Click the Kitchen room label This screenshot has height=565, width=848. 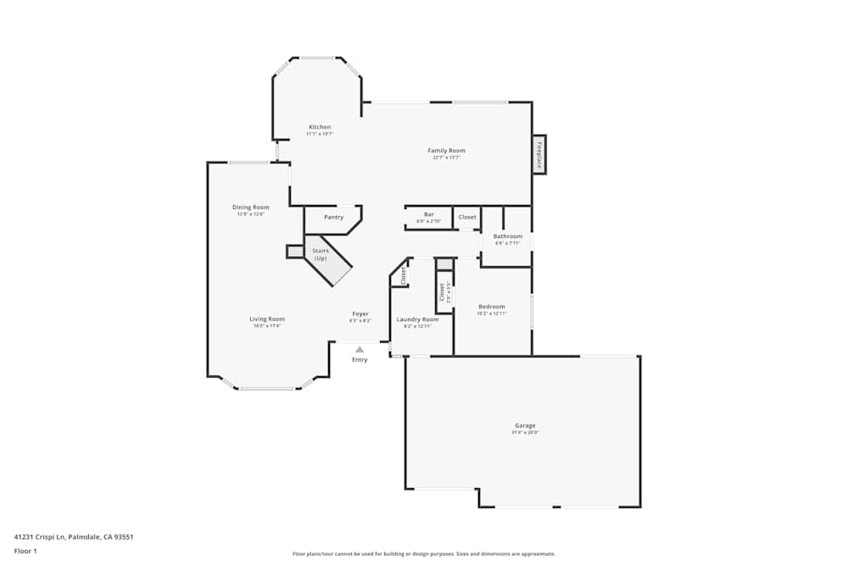coord(319,127)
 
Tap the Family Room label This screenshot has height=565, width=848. coord(446,151)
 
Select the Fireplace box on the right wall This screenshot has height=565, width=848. coord(538,154)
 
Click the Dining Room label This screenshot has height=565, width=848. coord(251,207)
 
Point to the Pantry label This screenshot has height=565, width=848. coord(333,217)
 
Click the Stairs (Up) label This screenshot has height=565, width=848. coord(321,254)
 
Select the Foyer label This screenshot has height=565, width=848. coord(360,314)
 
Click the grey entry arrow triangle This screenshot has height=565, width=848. coord(360,349)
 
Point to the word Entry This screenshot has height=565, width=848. coord(360,360)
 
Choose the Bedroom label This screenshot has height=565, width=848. coord(491,307)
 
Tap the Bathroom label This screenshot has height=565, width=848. coord(508,236)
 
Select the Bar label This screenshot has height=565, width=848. coord(429,214)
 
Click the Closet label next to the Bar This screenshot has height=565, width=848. coord(467,217)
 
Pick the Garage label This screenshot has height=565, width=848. coord(525,425)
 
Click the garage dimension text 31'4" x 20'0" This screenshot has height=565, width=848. coord(525,433)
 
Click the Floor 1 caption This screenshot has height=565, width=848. coord(25,551)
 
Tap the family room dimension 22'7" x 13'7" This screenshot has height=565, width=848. coord(446,158)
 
